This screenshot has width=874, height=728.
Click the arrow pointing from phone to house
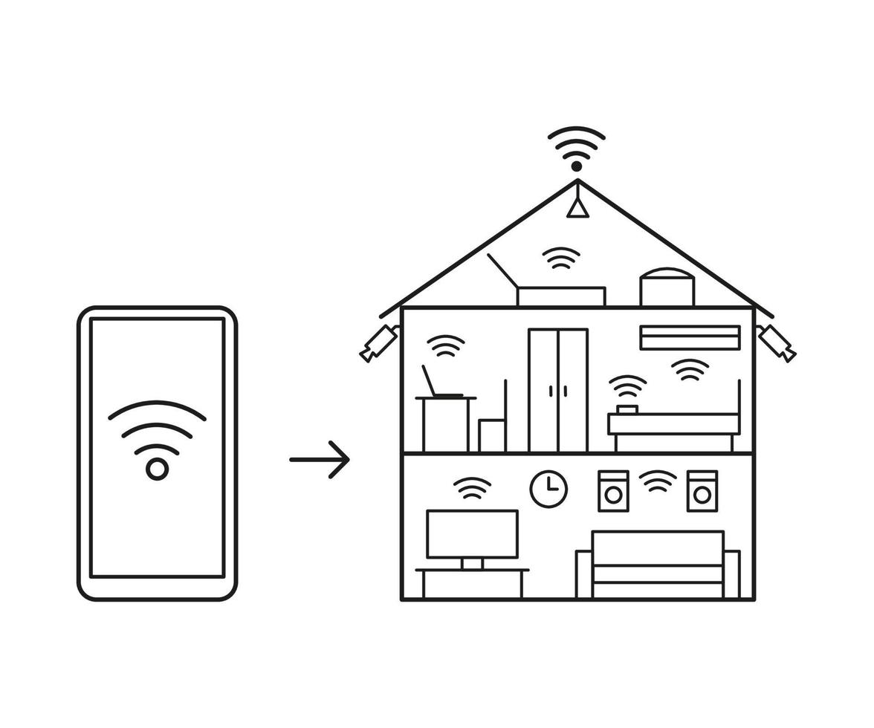(319, 460)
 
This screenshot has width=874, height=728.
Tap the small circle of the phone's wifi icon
(157, 469)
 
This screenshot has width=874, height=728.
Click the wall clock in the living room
(548, 489)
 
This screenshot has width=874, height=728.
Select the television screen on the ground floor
(472, 534)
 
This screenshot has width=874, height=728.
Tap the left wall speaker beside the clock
(613, 491)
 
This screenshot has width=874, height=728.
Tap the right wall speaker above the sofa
(702, 491)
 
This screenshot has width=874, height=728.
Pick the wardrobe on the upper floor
(558, 390)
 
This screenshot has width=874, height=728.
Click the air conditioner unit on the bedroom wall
(690, 337)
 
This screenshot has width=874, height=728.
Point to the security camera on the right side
(777, 342)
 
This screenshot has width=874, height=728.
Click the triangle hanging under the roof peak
(577, 207)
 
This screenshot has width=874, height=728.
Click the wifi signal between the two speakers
(658, 481)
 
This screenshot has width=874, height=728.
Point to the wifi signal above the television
(472, 488)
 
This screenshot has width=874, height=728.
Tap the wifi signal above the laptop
(446, 346)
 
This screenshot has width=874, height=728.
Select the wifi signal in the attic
(561, 259)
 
